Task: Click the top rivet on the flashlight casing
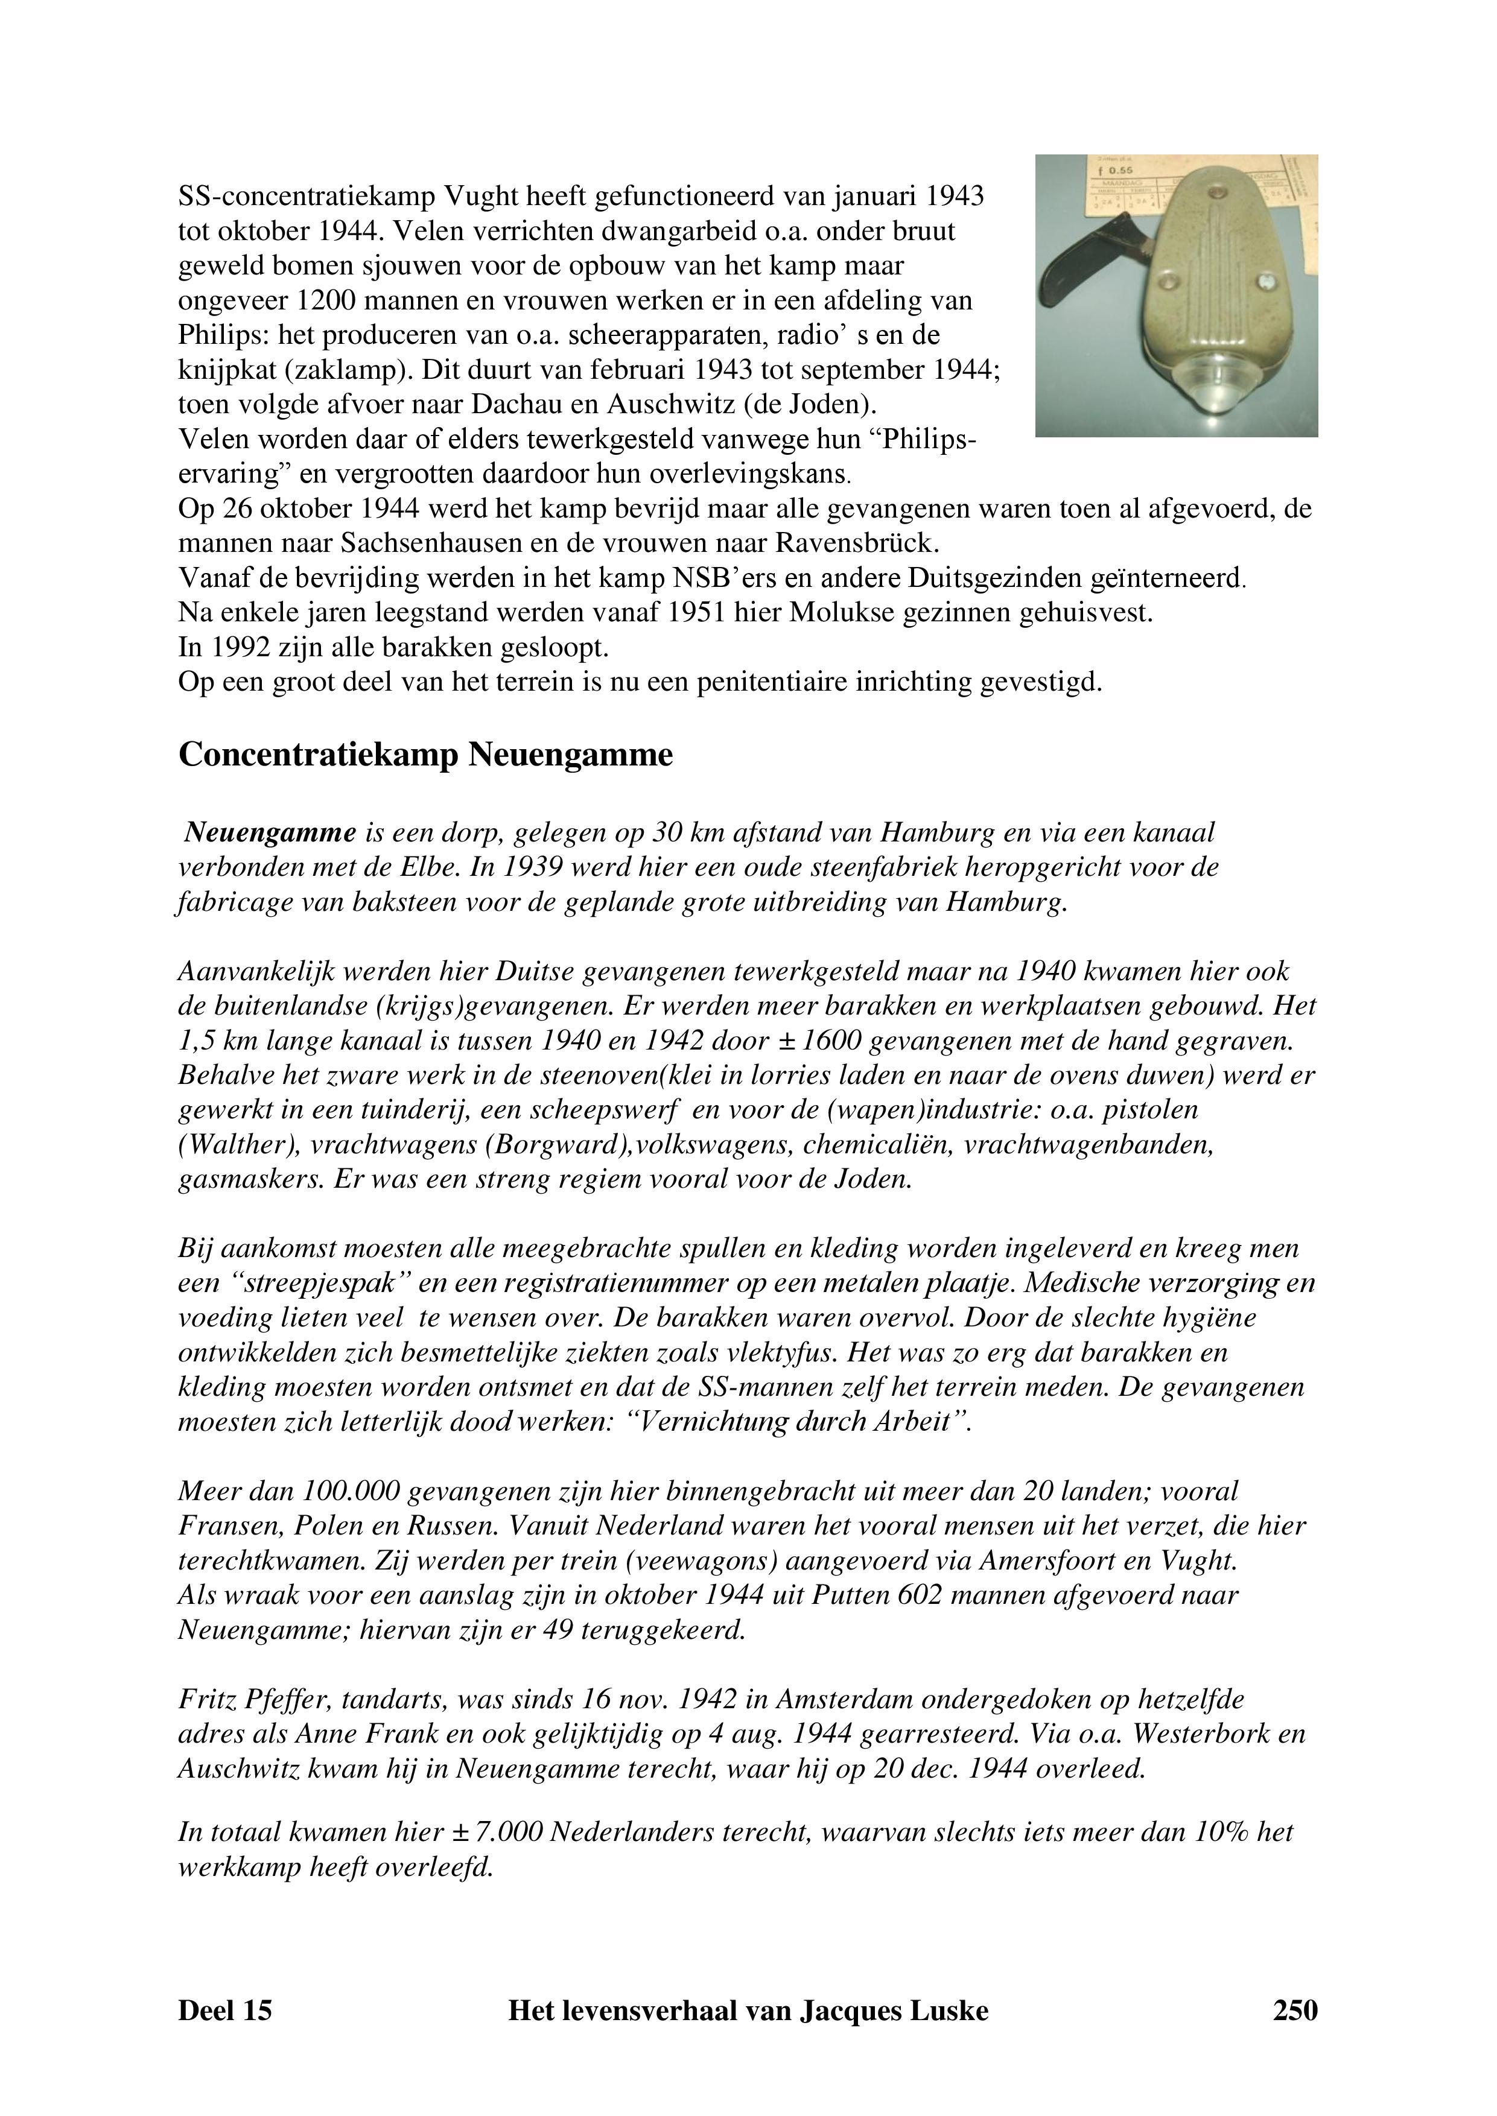[1216, 194]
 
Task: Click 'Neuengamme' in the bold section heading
[571, 755]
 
